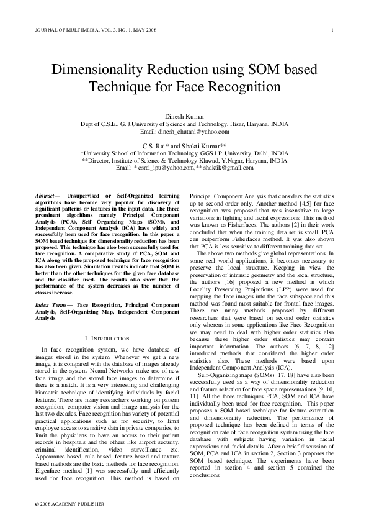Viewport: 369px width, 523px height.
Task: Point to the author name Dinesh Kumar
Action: pos(184,116)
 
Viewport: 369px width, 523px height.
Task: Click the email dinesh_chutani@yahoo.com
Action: pos(196,132)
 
